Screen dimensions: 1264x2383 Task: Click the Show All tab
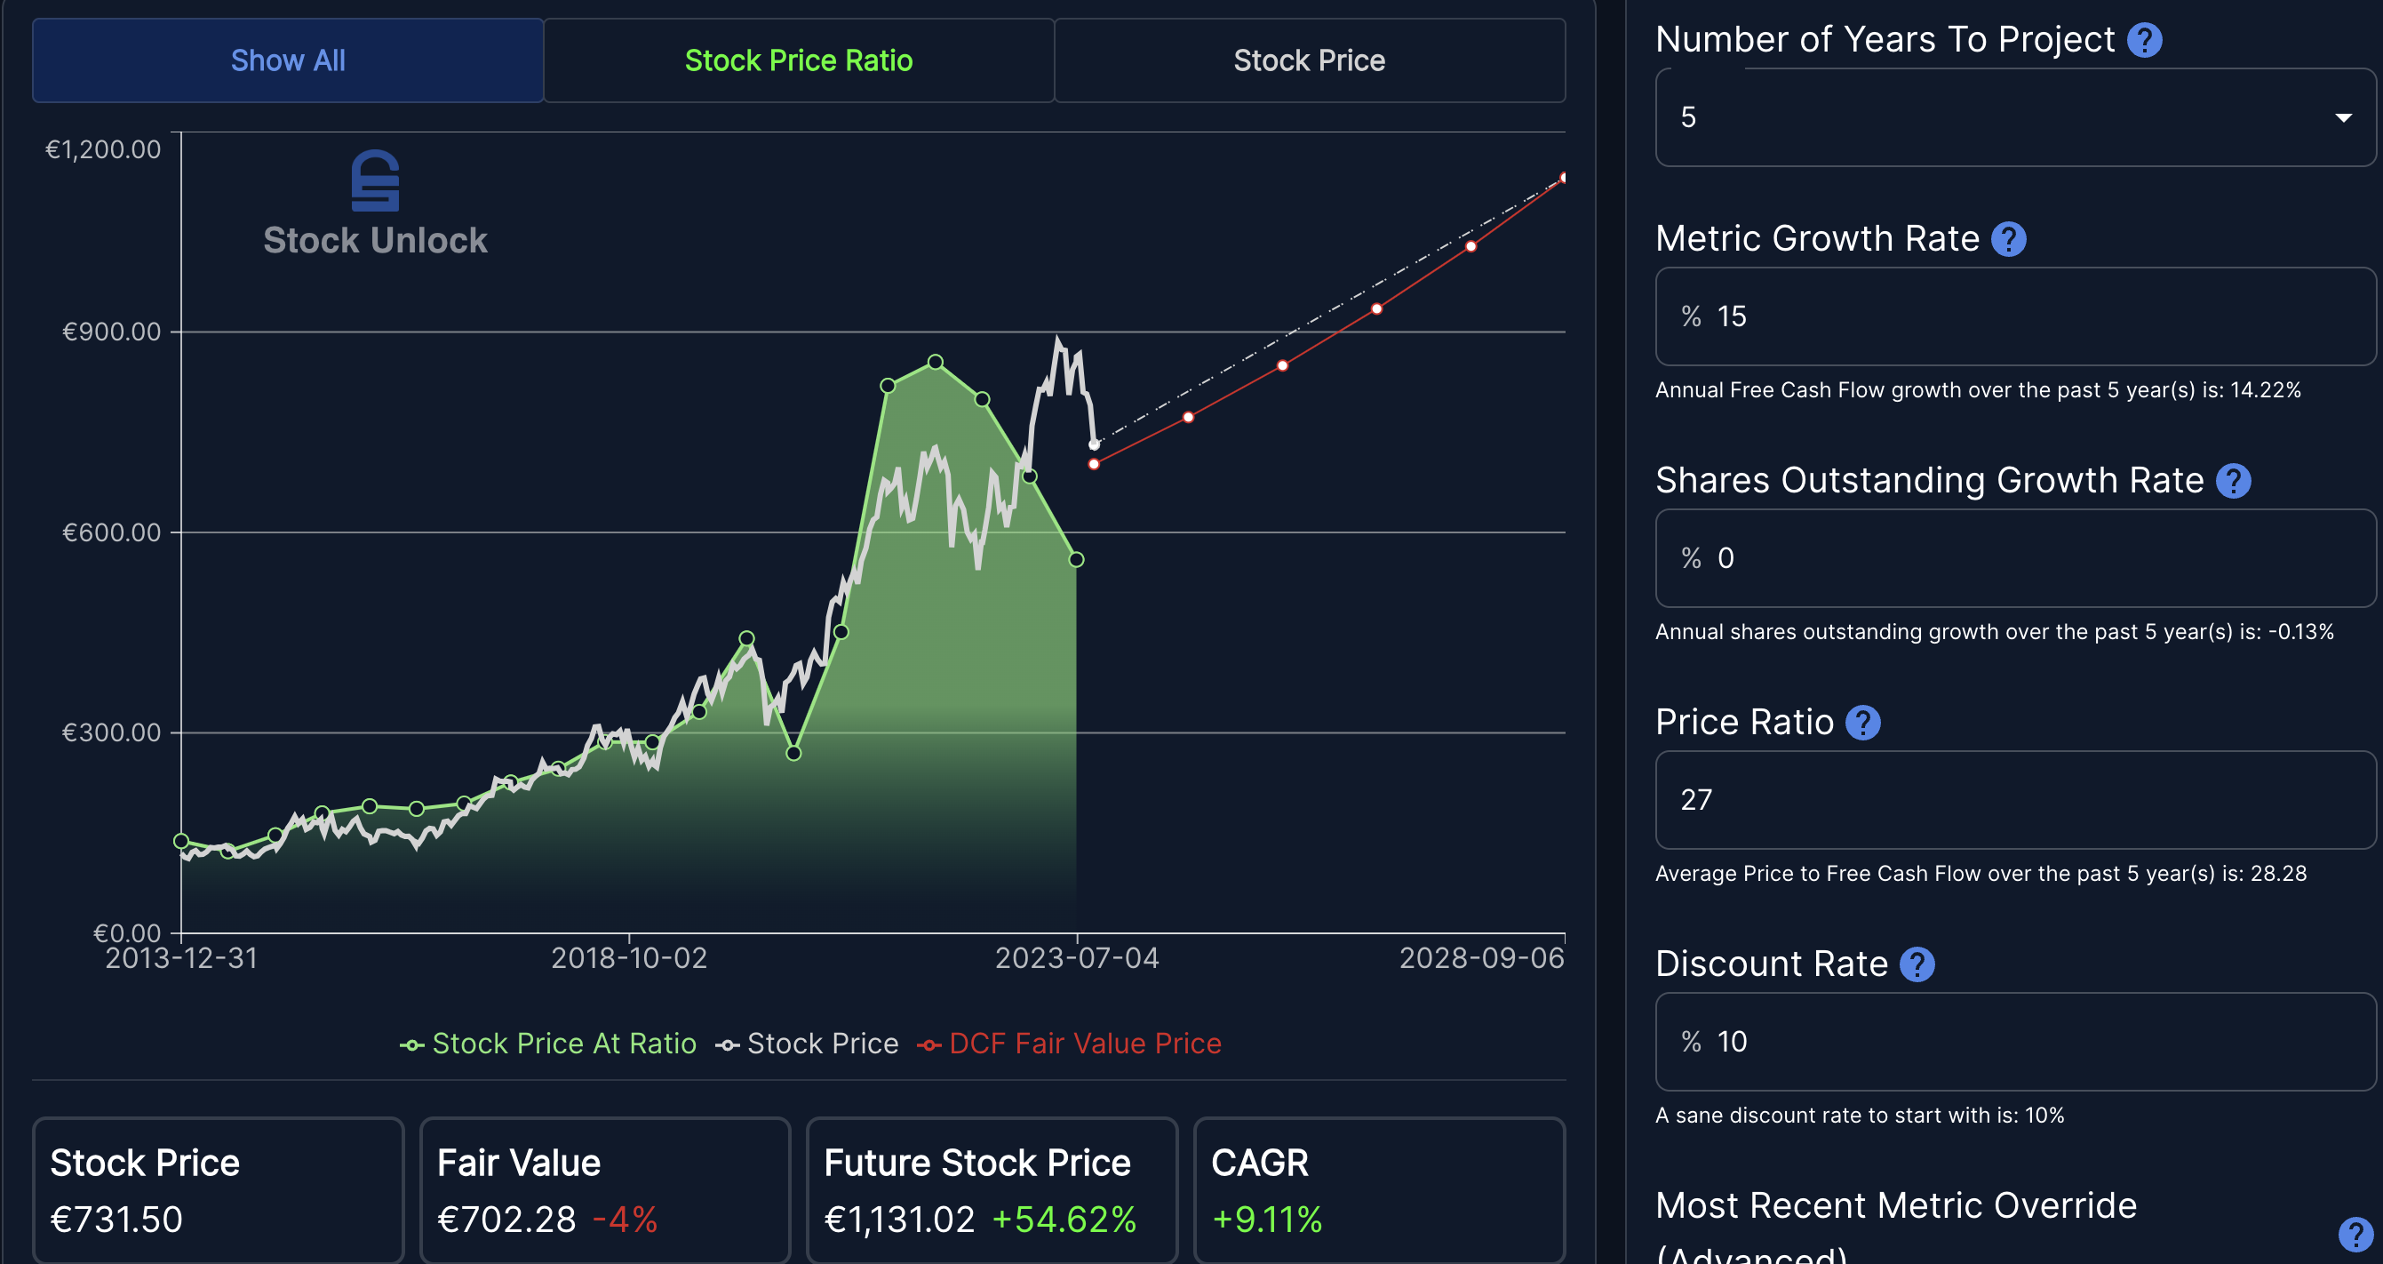click(x=288, y=61)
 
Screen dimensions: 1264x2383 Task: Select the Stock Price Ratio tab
click(x=799, y=61)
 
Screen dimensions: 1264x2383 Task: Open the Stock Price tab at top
click(x=1309, y=61)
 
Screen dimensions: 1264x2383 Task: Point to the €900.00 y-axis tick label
click(x=111, y=332)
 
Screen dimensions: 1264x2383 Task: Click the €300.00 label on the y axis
click(x=111, y=732)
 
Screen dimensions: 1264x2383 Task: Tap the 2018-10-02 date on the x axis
click(x=629, y=957)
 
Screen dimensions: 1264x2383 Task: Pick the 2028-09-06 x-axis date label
click(x=1481, y=957)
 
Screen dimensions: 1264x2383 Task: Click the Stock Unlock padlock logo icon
click(x=376, y=181)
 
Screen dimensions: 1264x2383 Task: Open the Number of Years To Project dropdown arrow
click(x=2343, y=117)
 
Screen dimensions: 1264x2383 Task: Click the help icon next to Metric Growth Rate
click(x=2008, y=240)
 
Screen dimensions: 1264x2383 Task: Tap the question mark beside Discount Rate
click(x=1917, y=964)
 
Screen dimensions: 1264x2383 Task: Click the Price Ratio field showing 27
click(x=2015, y=800)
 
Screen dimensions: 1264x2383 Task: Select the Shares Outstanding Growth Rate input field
click(x=2015, y=559)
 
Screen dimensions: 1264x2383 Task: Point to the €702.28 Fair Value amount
click(x=506, y=1220)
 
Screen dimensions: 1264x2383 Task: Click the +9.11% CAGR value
click(x=1266, y=1220)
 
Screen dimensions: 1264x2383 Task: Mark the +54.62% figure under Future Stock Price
click(x=1064, y=1220)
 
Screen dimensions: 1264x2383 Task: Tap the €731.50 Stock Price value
click(x=116, y=1220)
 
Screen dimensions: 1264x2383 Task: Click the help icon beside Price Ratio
click(x=1863, y=723)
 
